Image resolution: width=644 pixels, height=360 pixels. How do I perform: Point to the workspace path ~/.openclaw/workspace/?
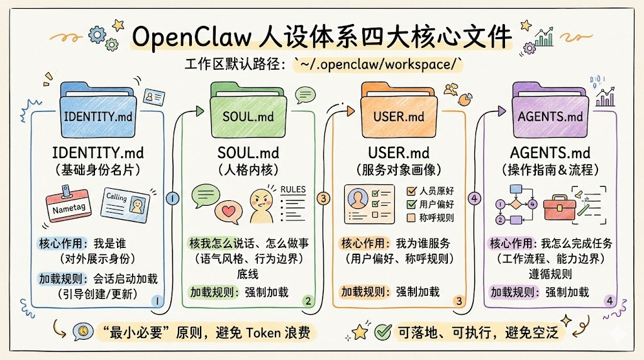coord(378,64)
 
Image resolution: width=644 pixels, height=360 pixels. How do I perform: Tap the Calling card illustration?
coord(125,203)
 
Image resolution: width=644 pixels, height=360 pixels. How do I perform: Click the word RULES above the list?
coord(293,189)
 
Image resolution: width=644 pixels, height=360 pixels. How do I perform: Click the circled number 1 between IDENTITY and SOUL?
coord(172,199)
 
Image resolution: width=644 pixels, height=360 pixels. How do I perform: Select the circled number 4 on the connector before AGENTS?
coord(474,199)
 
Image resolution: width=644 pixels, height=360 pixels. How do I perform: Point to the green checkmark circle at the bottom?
coord(382,331)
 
